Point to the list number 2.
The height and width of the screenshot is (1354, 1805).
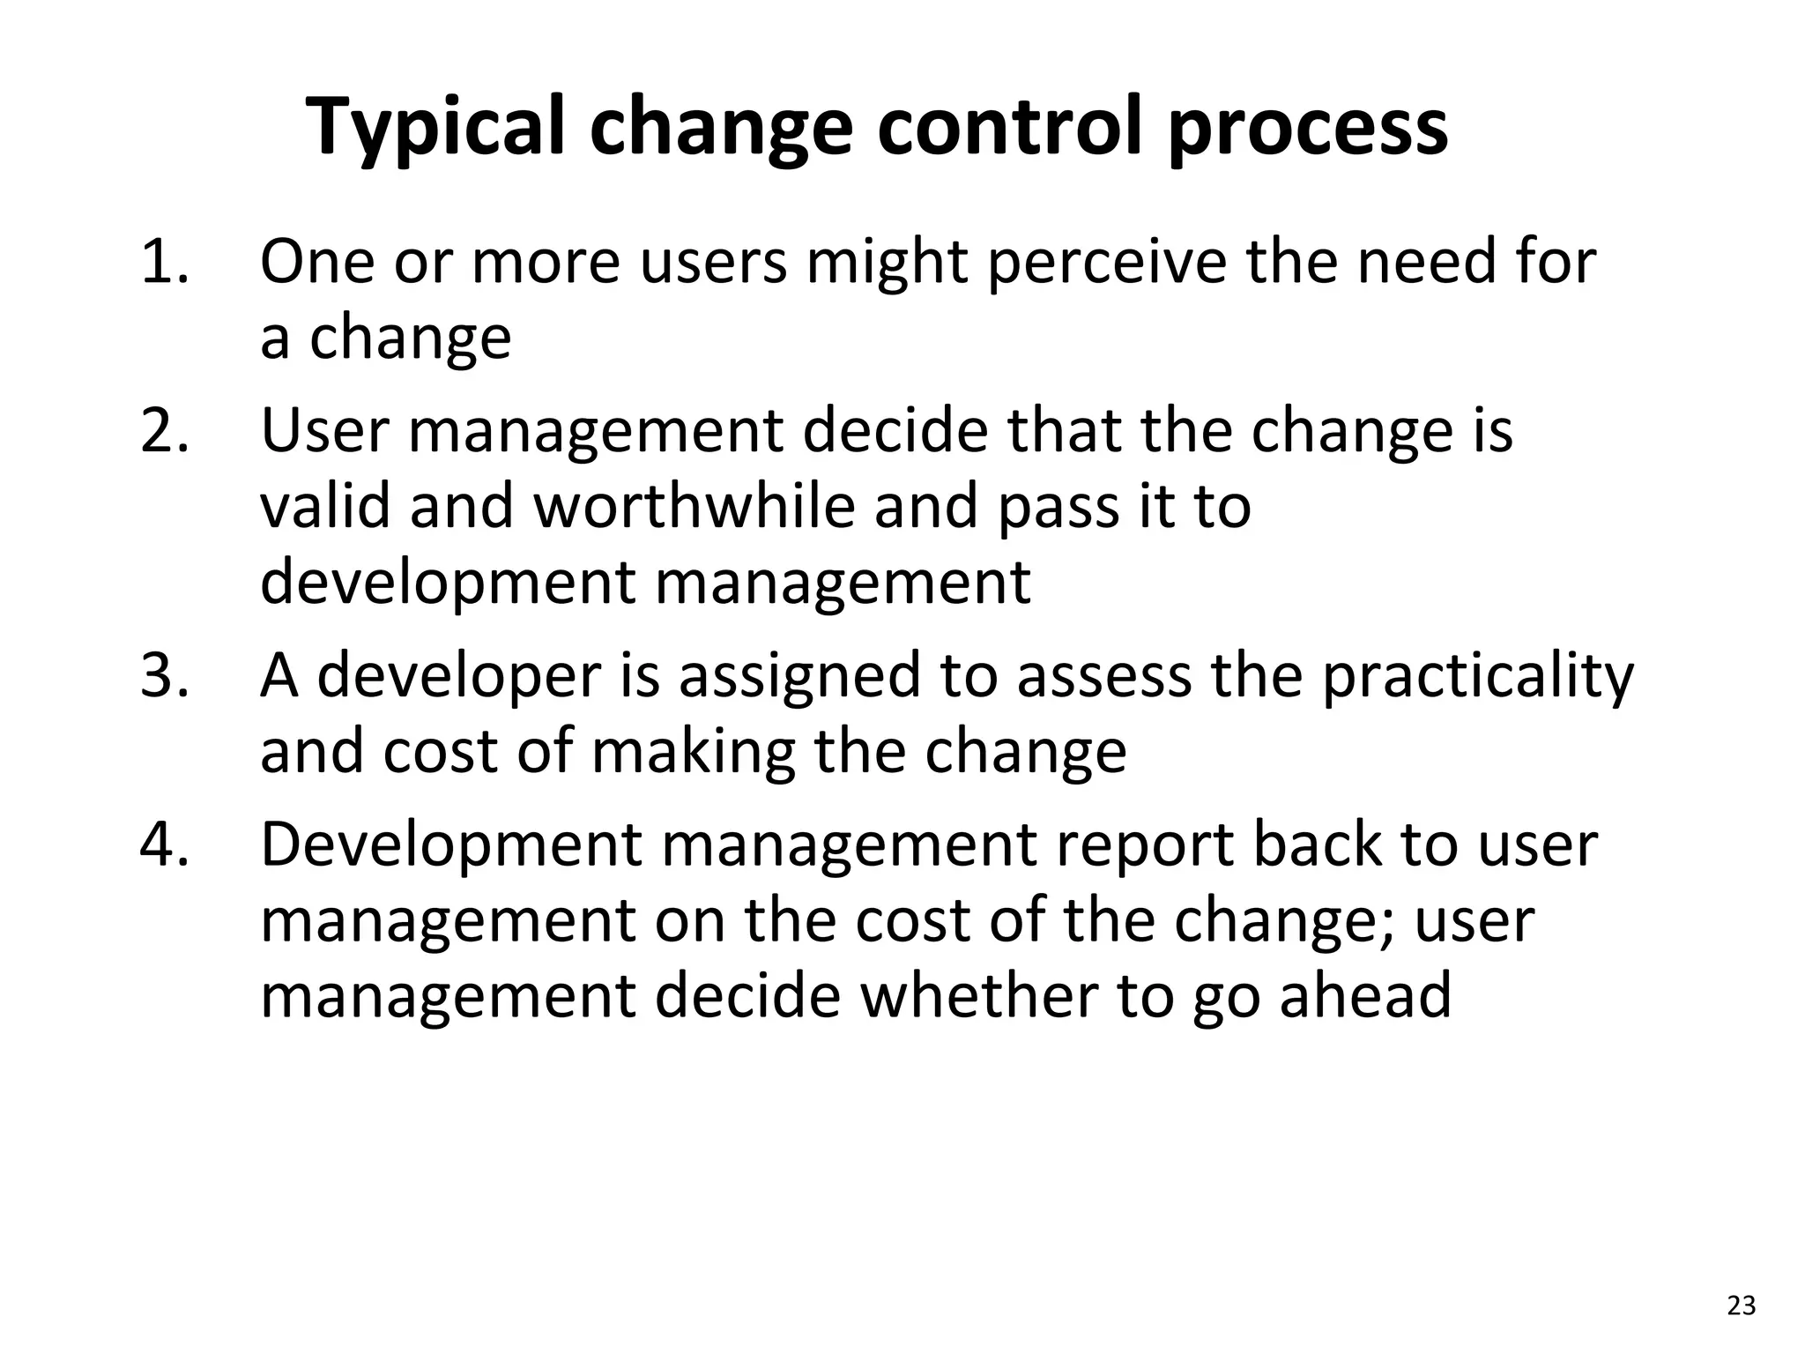pos(165,431)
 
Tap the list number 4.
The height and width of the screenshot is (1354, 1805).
pos(165,844)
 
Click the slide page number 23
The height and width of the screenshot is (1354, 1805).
pos(1742,1306)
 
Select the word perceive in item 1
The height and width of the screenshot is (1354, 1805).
pos(1106,264)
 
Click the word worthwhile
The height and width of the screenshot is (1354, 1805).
pos(695,507)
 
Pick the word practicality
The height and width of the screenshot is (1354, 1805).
pos(1478,677)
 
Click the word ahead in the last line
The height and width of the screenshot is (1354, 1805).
pos(1364,995)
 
